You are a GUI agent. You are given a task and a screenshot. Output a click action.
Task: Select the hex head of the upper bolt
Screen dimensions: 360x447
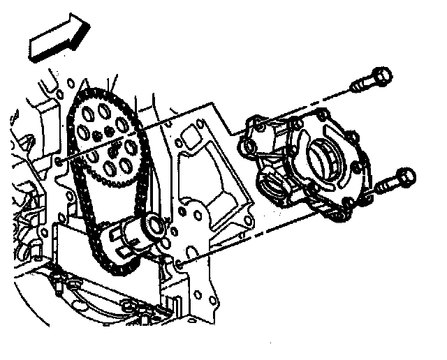point(380,76)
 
